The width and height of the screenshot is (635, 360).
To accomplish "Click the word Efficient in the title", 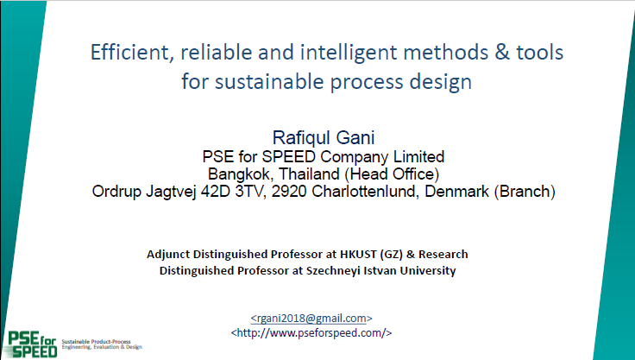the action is [x=132, y=53].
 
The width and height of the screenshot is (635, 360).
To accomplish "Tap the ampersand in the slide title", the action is [x=502, y=53].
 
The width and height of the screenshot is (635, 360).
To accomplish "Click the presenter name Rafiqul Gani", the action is [x=324, y=137].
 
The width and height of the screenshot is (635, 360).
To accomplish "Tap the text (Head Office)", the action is [x=392, y=174].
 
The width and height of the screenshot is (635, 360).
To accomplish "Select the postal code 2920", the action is [x=289, y=192].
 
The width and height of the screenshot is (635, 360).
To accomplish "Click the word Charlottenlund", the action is [x=366, y=192].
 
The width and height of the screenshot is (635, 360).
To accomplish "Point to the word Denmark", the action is [x=456, y=192].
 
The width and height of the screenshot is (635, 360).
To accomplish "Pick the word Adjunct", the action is [x=168, y=255].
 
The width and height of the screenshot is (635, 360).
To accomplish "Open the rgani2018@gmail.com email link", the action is [x=311, y=319].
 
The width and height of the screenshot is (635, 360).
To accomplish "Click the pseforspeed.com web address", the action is [x=311, y=333].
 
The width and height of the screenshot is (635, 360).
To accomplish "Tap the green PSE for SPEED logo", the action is [x=33, y=344].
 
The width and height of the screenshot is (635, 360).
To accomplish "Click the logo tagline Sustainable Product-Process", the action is [x=96, y=342].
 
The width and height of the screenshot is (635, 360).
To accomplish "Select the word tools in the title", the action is [x=540, y=53].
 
